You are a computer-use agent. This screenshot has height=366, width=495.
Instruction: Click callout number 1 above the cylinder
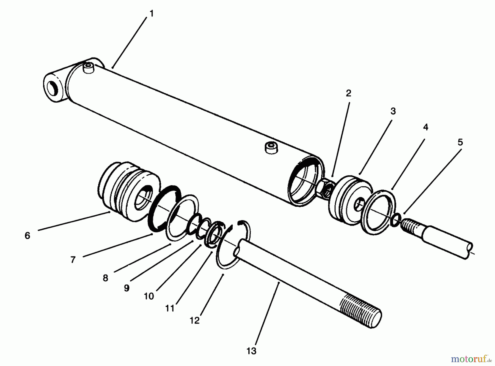152,13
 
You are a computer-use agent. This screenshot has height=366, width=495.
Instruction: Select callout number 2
348,93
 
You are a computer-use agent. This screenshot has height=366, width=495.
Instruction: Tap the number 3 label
393,111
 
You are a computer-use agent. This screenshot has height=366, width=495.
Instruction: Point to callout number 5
460,142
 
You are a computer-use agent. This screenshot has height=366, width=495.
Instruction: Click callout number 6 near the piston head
27,236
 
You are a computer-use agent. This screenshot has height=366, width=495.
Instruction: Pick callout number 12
194,321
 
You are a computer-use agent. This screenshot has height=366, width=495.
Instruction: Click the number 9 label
127,288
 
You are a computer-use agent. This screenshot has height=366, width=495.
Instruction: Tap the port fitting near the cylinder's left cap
89,68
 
